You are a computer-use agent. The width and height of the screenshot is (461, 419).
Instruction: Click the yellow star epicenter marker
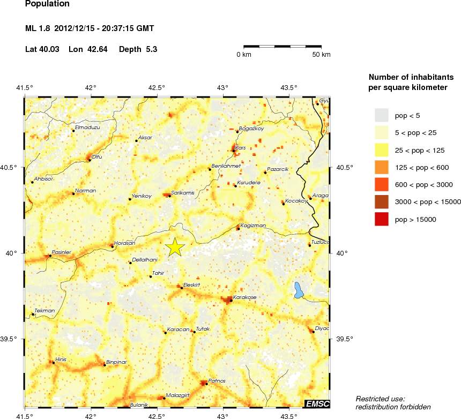click(175, 247)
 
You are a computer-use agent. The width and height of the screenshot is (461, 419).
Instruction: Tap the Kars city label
click(241, 147)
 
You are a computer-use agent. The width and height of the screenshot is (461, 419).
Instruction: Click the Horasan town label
click(124, 243)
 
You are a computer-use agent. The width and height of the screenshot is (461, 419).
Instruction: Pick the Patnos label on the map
click(217, 380)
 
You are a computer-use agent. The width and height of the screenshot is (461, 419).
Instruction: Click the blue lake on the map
click(299, 290)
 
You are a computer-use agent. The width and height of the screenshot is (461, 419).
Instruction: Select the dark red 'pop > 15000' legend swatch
click(381, 219)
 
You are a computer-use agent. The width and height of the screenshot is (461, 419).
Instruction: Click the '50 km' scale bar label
click(322, 55)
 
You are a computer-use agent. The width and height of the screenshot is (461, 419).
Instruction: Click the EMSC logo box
click(317, 403)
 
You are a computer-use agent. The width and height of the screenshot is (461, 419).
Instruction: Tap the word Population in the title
click(47, 4)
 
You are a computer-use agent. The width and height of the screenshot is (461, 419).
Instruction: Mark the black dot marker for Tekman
click(33, 315)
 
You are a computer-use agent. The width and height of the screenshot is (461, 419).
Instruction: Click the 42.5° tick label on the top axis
click(157, 87)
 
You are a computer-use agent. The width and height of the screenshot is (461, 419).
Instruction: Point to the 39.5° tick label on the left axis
click(11, 339)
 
